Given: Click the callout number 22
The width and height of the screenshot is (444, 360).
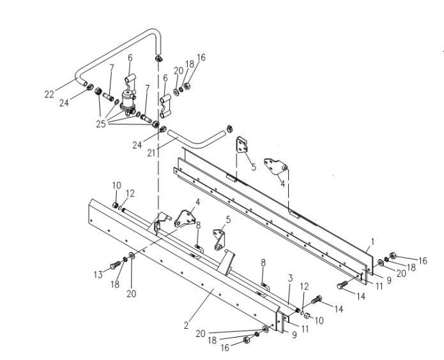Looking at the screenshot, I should pyautogui.click(x=49, y=95).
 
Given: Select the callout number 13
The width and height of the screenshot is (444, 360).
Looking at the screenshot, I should pyautogui.click(x=98, y=274).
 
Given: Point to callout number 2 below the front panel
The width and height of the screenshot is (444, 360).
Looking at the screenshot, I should pyautogui.click(x=186, y=325).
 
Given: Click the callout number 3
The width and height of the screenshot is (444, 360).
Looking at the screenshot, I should pyautogui.click(x=289, y=278).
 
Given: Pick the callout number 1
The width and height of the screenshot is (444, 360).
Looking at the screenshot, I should pyautogui.click(x=372, y=243).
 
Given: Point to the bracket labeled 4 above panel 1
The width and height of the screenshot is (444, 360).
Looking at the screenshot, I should pyautogui.click(x=279, y=169).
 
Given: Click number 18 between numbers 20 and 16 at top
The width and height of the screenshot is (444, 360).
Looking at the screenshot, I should pyautogui.click(x=190, y=64).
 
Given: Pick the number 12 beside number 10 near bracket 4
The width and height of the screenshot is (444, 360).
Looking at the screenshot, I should pyautogui.click(x=130, y=193).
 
